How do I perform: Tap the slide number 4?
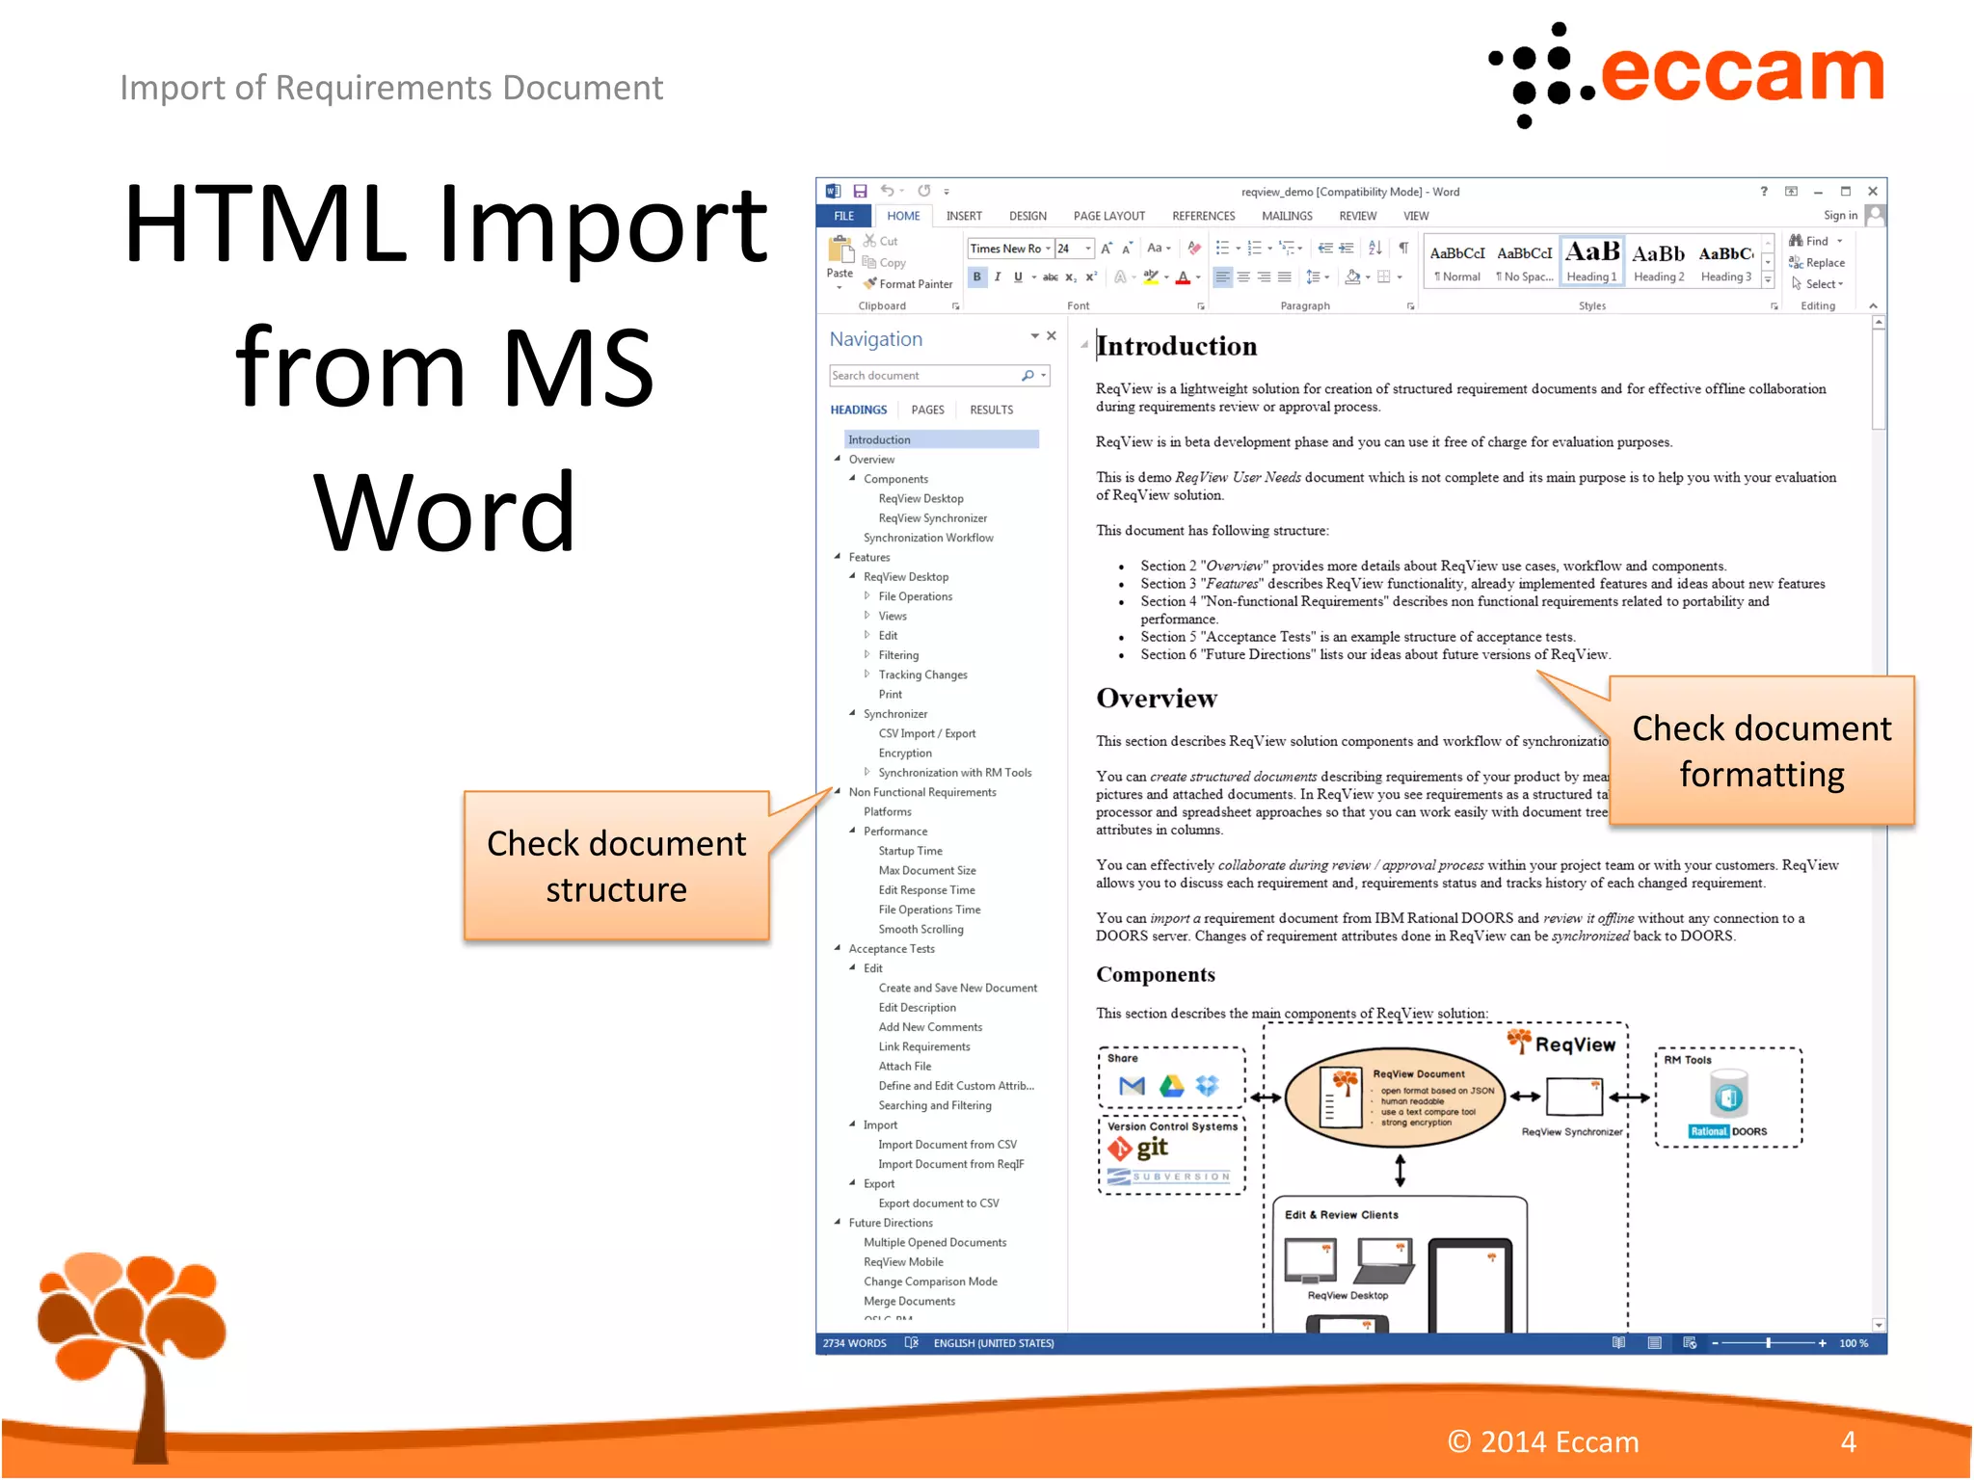coord(1848,1441)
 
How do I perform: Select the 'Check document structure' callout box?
coord(616,866)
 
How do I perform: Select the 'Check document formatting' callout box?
coord(1761,752)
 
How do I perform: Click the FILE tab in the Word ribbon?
coord(843,216)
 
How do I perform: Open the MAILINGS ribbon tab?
coord(1287,216)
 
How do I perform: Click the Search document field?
coord(925,376)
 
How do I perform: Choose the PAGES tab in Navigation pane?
coord(927,410)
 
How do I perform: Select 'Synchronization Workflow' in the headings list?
coord(928,538)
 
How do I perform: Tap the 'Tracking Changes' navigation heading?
coord(922,674)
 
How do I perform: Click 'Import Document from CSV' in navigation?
coord(947,1145)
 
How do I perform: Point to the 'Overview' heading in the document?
coord(1157,699)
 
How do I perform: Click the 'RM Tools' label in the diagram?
coord(1687,1060)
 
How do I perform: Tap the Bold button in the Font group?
coord(976,277)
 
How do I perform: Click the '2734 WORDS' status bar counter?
coord(854,1343)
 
